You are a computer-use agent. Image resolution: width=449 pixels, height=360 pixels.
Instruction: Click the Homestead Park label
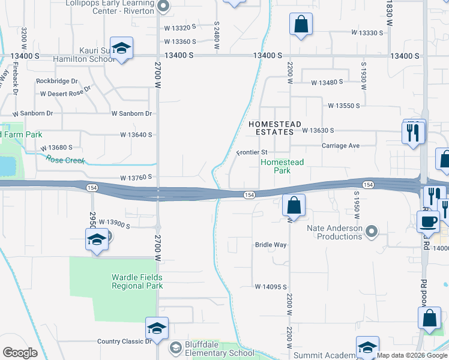pyautogui.click(x=282, y=166)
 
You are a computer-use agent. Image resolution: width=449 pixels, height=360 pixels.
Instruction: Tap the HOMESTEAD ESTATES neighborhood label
pyautogui.click(x=274, y=128)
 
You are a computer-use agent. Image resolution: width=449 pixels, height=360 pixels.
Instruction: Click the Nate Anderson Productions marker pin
pyautogui.click(x=372, y=231)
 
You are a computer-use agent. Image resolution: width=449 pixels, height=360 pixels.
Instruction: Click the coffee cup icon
pyautogui.click(x=428, y=221)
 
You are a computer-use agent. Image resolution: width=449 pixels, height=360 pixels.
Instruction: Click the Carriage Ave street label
pyautogui.click(x=340, y=146)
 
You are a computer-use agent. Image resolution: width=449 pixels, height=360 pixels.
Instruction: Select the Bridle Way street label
pyautogui.click(x=271, y=245)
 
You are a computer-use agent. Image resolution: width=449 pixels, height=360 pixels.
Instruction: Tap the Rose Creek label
pyautogui.click(x=65, y=160)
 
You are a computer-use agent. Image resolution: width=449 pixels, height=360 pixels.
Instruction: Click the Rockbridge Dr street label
pyautogui.click(x=57, y=81)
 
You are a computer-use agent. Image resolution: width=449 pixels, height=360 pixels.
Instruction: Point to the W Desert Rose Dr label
pyautogui.click(x=65, y=91)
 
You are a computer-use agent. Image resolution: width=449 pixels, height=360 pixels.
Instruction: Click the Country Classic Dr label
pyautogui.click(x=125, y=341)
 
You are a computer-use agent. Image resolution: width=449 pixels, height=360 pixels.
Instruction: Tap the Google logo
pyautogui.click(x=20, y=353)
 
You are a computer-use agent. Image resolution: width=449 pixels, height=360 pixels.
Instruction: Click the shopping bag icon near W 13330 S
pyautogui.click(x=301, y=26)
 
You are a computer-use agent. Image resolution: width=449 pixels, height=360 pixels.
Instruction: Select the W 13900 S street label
pyautogui.click(x=114, y=223)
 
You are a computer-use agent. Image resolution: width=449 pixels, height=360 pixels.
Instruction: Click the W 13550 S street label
pyautogui.click(x=343, y=106)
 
